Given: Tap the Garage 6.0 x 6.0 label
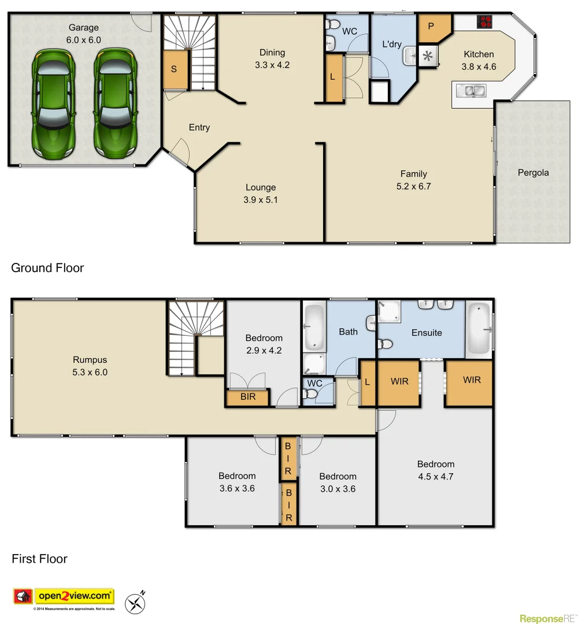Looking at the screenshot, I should pos(84,33).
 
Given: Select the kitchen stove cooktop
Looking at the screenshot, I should pos(484,22).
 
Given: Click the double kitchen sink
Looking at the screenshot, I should pos(471,91).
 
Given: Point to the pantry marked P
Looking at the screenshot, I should pos(431,27).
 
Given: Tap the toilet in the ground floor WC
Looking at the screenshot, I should pos(332,25).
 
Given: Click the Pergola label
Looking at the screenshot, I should pos(533,172).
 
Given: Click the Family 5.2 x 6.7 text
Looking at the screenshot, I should pos(414,180).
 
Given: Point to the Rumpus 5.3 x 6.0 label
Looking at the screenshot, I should pos(90,366).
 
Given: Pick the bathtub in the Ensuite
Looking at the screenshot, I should pos(479,328).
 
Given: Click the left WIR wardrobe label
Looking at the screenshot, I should pos(399,381).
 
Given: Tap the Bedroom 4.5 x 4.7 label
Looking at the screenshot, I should pos(436,470).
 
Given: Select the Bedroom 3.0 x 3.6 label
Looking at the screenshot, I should pos(338,482).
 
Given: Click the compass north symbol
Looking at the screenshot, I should pos(136,603).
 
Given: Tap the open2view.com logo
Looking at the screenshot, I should pos(64,596).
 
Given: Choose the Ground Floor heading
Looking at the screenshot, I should pos(47,268).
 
